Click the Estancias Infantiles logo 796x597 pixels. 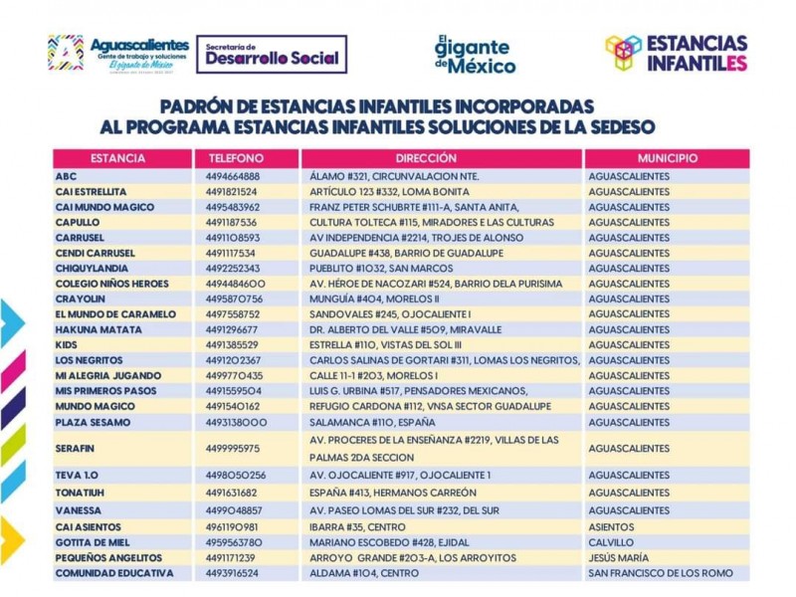(x=677, y=53)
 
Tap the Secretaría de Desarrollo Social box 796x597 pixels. (x=272, y=55)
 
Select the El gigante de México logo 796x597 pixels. (x=475, y=55)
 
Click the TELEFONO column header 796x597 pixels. (x=236, y=158)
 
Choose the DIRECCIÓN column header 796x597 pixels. (x=426, y=158)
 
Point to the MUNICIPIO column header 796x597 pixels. (x=667, y=158)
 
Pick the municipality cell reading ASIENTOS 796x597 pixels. (x=613, y=526)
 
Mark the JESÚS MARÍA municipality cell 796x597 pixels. (x=618, y=558)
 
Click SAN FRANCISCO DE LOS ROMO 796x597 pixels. (x=661, y=573)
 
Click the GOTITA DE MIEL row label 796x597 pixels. (x=94, y=542)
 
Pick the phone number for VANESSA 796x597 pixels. (x=234, y=508)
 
